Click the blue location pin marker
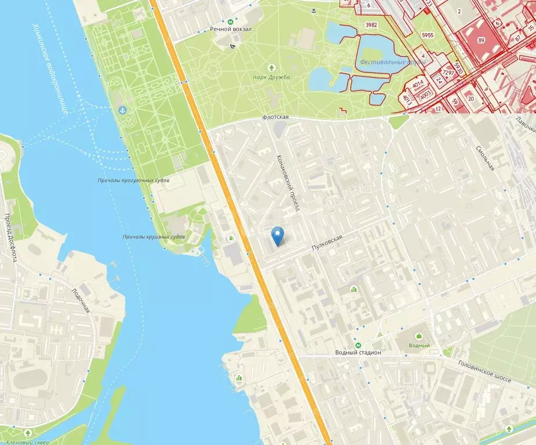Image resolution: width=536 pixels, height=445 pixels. tap(279, 235)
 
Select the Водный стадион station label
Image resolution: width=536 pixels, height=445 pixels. tap(358, 352)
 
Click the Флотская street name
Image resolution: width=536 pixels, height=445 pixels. tap(275, 117)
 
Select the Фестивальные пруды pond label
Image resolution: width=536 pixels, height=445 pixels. tap(384, 62)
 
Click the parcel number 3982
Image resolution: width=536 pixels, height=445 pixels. tap(371, 25)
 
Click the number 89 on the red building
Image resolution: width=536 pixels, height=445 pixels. tap(481, 41)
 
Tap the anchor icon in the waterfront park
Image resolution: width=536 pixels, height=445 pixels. tap(122, 110)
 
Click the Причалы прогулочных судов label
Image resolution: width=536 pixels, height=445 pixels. tap(134, 181)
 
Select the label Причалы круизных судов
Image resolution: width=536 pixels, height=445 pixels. tap(154, 237)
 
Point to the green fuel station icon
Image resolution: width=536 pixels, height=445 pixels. tap(232, 238)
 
